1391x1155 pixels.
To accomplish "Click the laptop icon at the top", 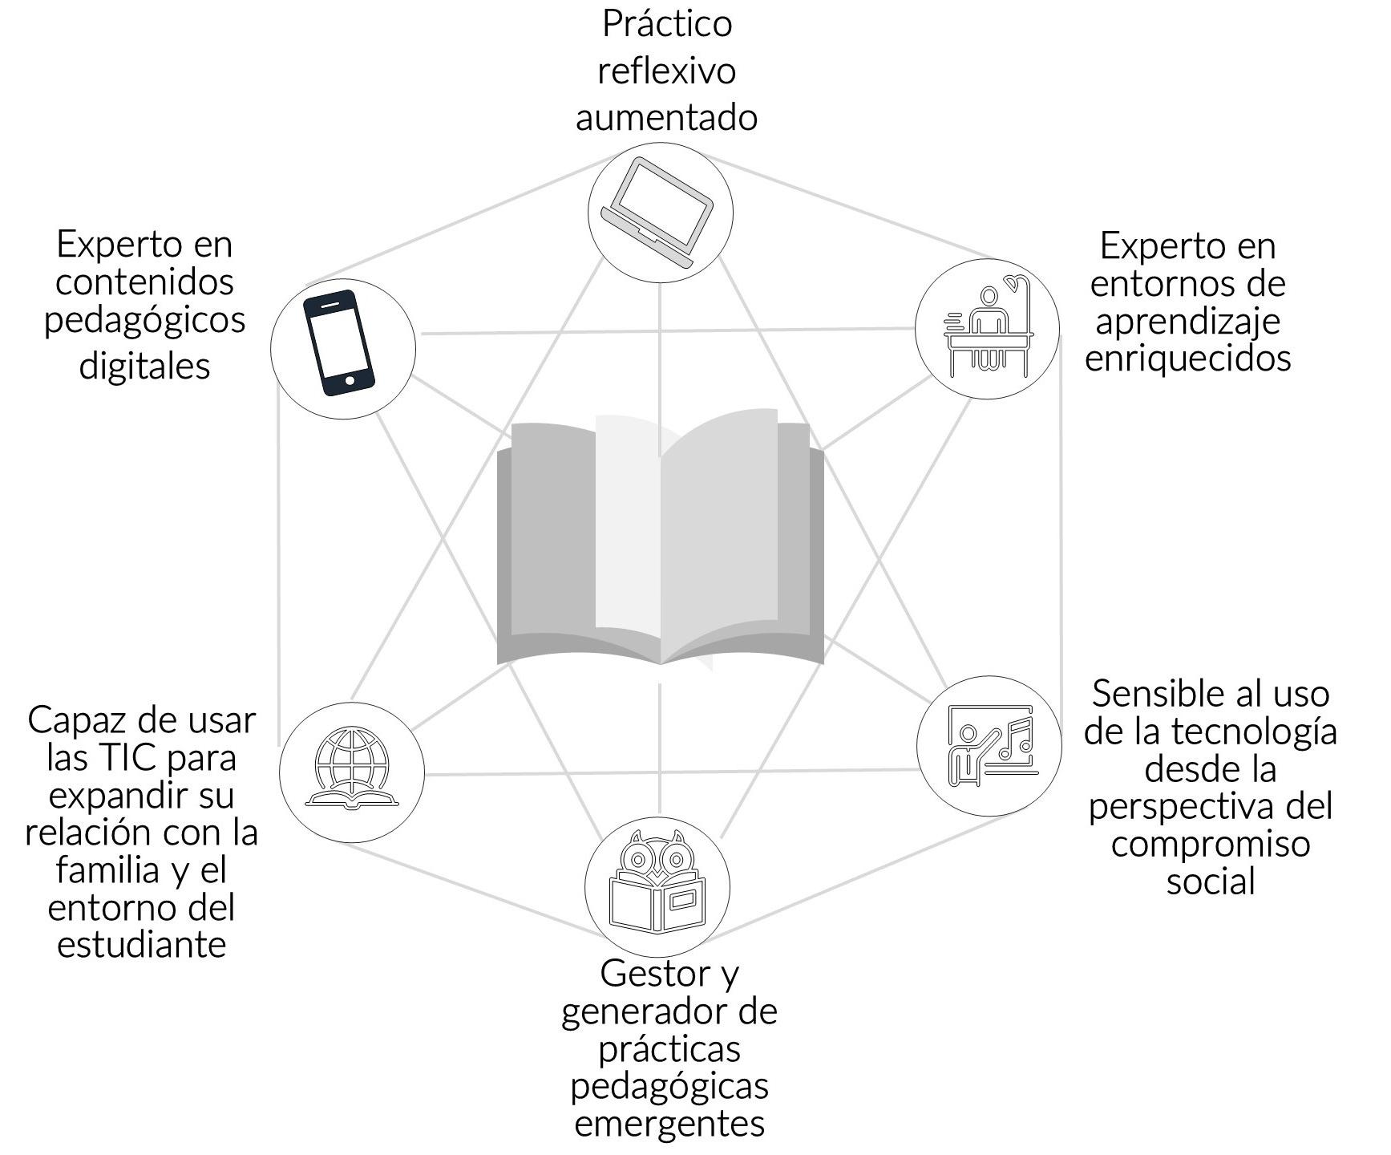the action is click(659, 212).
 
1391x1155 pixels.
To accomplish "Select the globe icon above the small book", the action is click(351, 759).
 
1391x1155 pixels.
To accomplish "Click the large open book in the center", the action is click(660, 541).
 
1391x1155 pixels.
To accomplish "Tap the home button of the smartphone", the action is click(349, 380).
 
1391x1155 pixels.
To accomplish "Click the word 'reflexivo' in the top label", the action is click(666, 71).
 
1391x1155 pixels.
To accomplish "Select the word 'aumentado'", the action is click(666, 117).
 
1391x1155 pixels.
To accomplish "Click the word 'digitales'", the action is click(144, 366).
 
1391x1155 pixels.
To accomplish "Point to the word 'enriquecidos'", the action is click(1187, 358).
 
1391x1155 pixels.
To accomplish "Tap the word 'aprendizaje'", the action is click(1187, 321).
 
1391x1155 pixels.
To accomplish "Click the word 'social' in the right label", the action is click(1210, 881).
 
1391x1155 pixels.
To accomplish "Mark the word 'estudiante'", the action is click(142, 944).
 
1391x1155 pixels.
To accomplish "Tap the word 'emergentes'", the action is click(669, 1123).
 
